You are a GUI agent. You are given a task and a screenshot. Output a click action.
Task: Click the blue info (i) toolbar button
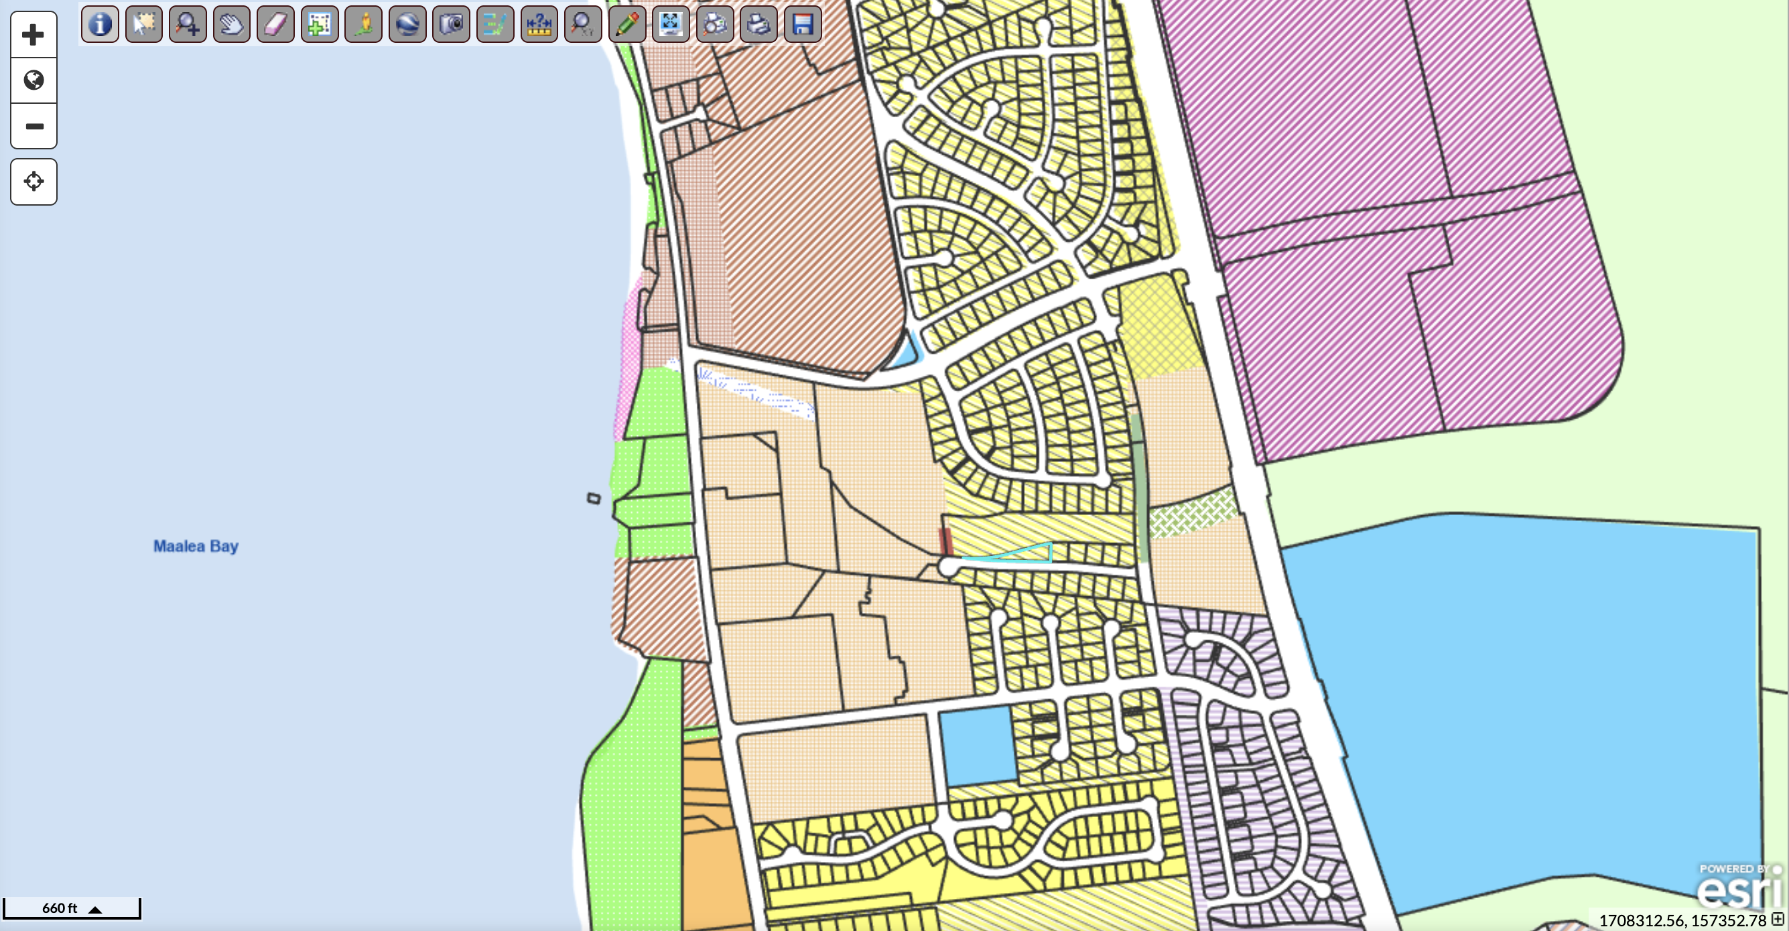coord(100,25)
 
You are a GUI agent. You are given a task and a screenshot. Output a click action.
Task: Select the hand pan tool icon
coord(231,25)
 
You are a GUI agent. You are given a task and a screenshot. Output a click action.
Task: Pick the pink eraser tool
coord(275,25)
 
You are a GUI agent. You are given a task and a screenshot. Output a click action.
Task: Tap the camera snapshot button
coord(451,25)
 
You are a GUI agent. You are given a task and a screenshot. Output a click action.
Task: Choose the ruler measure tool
coord(539,25)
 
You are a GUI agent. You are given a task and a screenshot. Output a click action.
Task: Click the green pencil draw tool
coord(626,25)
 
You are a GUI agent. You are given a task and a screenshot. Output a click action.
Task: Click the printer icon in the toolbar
coord(758,25)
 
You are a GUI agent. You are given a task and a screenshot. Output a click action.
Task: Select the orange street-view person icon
coord(363,25)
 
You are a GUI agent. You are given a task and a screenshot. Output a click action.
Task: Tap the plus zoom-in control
coord(34,35)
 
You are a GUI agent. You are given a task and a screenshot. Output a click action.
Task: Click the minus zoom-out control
coord(34,127)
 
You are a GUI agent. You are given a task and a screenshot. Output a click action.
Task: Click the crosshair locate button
coord(34,182)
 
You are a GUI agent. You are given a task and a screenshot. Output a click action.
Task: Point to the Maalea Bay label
coord(196,547)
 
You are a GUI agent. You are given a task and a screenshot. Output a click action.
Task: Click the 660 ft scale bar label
coord(60,908)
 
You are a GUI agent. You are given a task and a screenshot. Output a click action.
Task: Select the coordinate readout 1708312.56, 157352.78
coord(1682,920)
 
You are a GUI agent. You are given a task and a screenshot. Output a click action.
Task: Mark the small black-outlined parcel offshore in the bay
coord(593,498)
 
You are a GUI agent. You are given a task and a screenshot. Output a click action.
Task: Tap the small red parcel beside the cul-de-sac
coord(945,540)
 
